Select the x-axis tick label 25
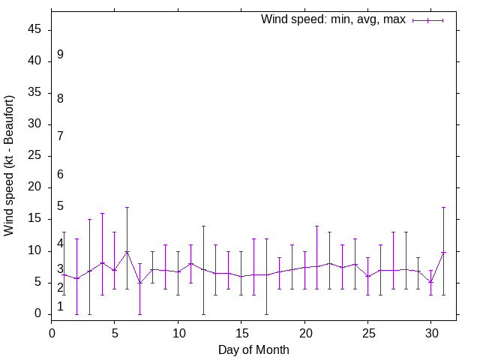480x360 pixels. [x=367, y=331]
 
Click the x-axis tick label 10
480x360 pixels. [x=178, y=331]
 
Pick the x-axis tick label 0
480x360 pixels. [x=52, y=331]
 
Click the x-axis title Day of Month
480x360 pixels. [x=253, y=349]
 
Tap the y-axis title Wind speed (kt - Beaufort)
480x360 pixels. [x=10, y=165]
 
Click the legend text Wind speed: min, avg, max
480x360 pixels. [x=333, y=19]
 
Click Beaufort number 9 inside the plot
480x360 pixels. [x=60, y=55]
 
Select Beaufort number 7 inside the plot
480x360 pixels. [x=60, y=136]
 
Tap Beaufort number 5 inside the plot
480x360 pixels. [x=60, y=206]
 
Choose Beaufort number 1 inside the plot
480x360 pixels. [x=60, y=306]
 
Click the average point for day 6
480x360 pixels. [x=127, y=252]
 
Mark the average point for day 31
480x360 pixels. [x=443, y=253]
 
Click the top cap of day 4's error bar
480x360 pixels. [x=102, y=213]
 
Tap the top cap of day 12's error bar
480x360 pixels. [x=203, y=226]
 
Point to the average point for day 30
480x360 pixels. [x=430, y=282]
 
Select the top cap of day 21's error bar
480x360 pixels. [x=316, y=226]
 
